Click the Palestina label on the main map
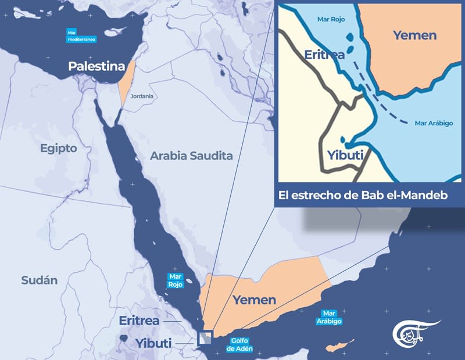(96, 66)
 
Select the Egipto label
(58, 148)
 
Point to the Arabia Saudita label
(191, 156)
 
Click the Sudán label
(40, 280)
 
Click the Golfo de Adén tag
(239, 344)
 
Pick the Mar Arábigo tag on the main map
(329, 316)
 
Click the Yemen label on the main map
(254, 300)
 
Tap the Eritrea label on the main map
(139, 321)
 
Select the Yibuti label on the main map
(153, 343)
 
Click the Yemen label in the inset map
(414, 35)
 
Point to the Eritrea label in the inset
(324, 55)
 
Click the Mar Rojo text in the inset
(331, 19)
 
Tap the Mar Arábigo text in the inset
(434, 123)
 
